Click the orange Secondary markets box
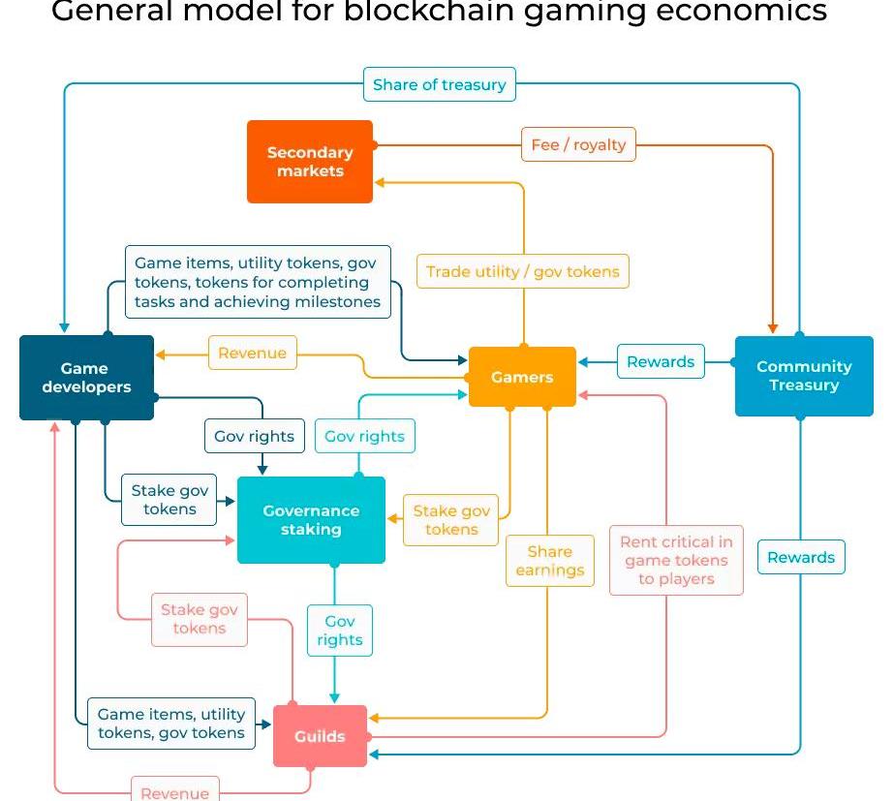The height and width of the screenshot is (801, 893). click(310, 162)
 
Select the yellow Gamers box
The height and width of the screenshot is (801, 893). click(522, 377)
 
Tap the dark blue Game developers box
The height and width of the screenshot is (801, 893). click(86, 378)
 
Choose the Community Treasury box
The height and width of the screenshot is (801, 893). click(804, 376)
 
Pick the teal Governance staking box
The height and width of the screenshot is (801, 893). click(311, 520)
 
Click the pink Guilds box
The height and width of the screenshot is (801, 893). click(320, 736)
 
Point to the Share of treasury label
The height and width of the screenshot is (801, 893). click(440, 84)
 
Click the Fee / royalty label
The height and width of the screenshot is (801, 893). click(578, 145)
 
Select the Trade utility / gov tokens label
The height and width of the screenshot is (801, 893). click(523, 271)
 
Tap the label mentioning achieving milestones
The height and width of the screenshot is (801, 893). click(258, 282)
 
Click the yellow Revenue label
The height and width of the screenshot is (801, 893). click(253, 353)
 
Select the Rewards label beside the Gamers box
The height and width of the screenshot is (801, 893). click(661, 361)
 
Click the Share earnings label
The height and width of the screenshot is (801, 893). click(549, 561)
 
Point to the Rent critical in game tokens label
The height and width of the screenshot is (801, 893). click(676, 560)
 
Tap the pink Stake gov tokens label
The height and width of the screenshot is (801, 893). click(200, 619)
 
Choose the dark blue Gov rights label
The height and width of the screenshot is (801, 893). click(254, 436)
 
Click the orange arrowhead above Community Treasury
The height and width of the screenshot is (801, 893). click(773, 327)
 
